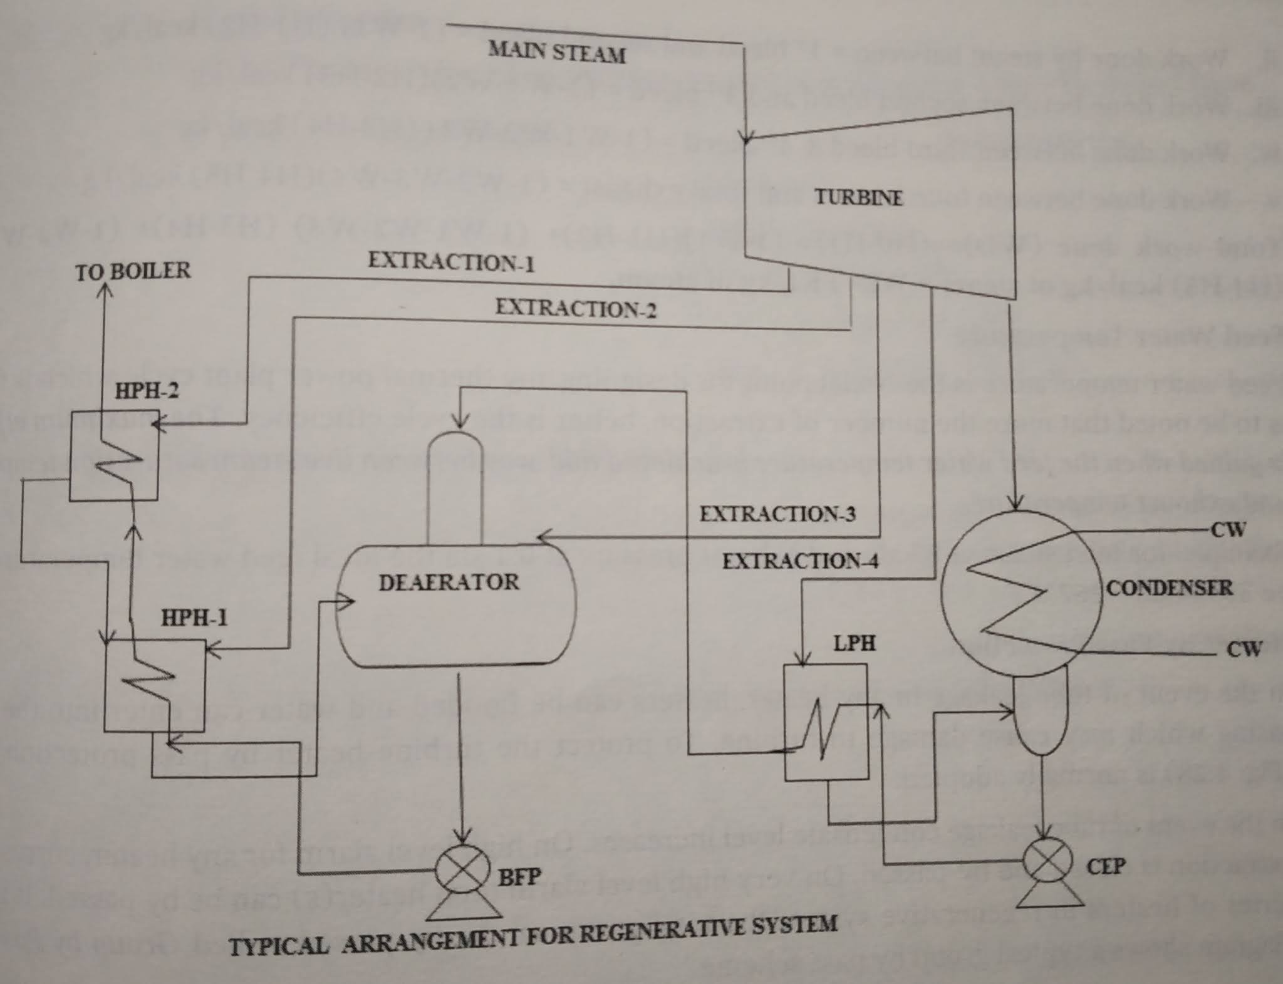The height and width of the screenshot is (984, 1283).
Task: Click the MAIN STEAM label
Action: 556,52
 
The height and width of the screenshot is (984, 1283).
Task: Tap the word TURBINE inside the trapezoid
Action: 858,198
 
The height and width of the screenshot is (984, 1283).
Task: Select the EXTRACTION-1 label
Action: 451,262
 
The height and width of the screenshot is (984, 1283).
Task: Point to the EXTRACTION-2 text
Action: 575,309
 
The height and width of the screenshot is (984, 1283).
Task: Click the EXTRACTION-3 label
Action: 777,514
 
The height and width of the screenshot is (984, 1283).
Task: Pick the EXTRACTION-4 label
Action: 800,561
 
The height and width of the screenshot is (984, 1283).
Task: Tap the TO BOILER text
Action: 133,271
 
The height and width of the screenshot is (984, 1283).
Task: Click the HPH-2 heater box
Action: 114,456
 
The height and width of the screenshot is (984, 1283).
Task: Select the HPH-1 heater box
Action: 154,685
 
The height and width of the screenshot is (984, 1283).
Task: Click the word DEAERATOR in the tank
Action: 449,582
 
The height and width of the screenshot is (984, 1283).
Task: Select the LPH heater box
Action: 826,722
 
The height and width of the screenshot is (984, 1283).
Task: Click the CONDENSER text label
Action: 1169,588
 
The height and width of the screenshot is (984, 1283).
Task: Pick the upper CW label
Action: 1227,529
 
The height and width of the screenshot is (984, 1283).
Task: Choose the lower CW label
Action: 1243,649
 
